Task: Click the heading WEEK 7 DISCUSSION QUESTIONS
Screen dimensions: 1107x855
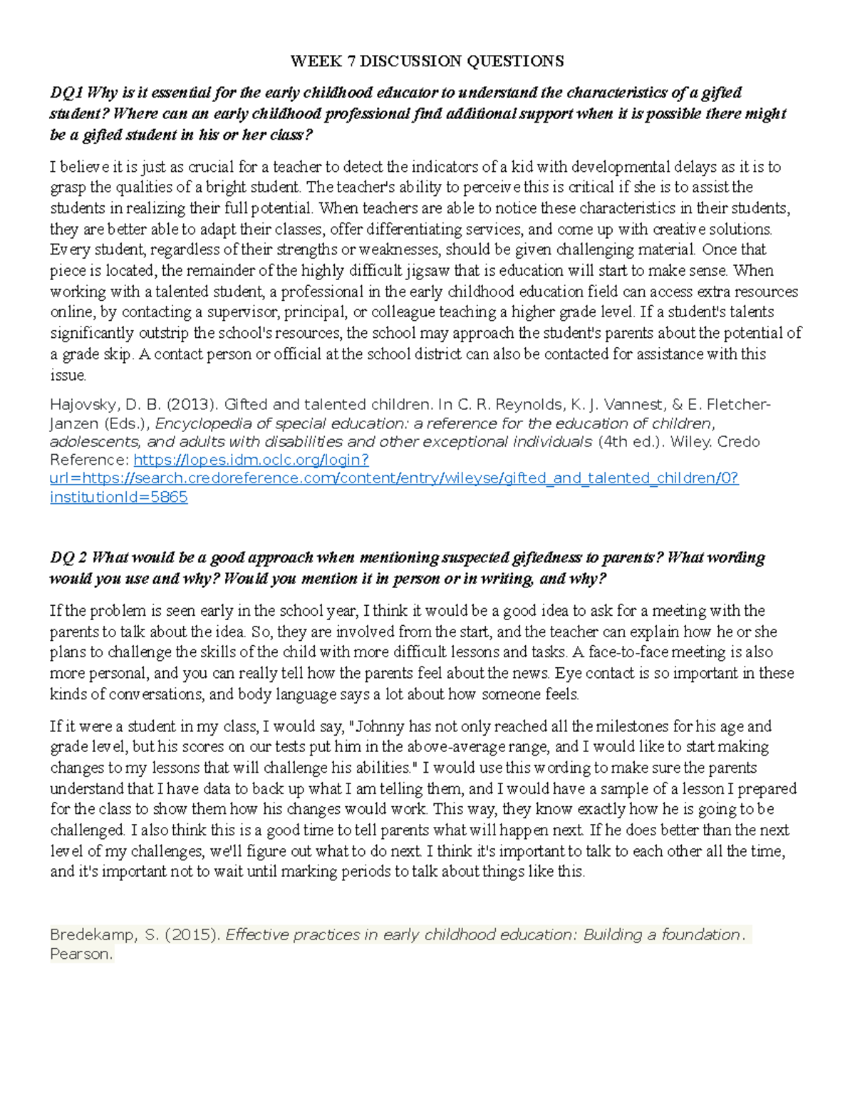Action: coord(427,61)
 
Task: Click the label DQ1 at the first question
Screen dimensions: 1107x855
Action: coord(66,93)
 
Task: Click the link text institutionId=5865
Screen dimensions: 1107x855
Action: coord(119,497)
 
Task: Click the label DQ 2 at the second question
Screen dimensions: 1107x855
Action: coord(68,557)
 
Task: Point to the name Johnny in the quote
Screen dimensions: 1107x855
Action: coord(380,727)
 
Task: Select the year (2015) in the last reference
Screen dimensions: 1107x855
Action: coord(192,935)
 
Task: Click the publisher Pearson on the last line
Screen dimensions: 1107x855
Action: coord(81,954)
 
